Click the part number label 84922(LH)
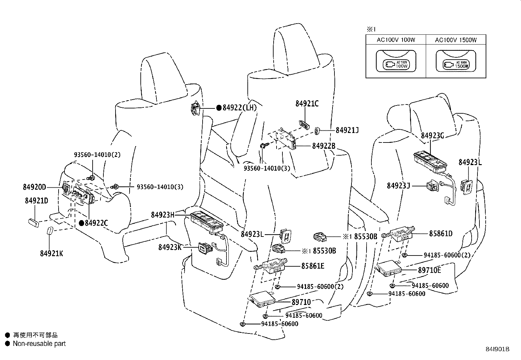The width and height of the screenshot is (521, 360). point(240,108)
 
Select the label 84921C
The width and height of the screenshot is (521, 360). point(307,104)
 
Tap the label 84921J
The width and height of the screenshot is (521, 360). point(347,130)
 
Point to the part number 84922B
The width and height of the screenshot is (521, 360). point(324,146)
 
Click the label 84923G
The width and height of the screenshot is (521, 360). point(432,136)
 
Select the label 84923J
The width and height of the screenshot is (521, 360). point(398,186)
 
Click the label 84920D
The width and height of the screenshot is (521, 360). point(34,187)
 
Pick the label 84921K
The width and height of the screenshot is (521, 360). point(51,253)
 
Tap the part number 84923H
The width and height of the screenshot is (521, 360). point(163,215)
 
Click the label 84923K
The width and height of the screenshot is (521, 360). point(170,247)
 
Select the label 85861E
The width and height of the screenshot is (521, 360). point(313,266)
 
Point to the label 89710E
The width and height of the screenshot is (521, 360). point(429,270)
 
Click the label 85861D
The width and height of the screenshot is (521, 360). point(440,234)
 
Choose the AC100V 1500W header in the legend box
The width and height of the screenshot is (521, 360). point(456,40)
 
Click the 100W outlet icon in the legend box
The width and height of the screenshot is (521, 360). point(396,64)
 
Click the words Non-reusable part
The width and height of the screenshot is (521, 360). point(39,344)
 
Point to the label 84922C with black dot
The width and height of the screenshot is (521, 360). point(96,223)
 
